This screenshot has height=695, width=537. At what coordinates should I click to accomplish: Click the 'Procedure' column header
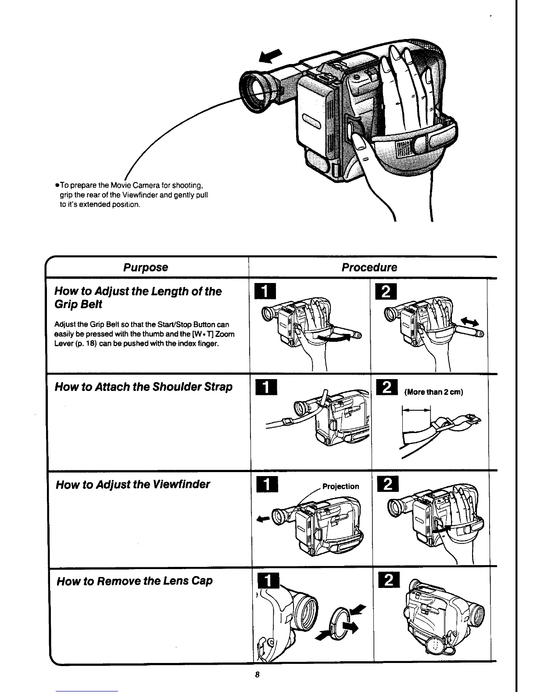pos(369,267)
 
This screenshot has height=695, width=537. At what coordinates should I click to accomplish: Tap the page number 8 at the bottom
pos(258,674)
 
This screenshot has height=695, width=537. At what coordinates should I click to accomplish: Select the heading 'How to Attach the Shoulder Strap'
pos(143,387)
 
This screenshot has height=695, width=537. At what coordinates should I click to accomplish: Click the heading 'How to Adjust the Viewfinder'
pos(133,484)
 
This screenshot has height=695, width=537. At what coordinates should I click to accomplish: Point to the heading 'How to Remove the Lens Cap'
pos(135,581)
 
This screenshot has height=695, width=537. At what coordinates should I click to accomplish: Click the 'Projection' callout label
pos(340,486)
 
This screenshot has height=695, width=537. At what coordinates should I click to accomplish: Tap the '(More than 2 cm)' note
pos(434,391)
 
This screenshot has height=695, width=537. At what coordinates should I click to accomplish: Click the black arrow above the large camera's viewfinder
pos(270,57)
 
